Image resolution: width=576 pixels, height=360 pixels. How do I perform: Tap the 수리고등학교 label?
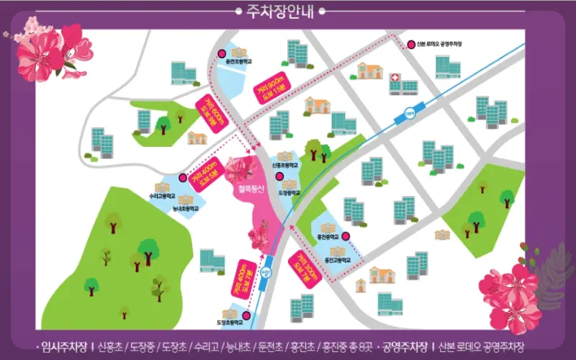click(x=163, y=195)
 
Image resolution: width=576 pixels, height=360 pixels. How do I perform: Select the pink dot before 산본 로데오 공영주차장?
click(x=410, y=42)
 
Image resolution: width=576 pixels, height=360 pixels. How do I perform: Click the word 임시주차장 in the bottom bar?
click(x=64, y=347)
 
